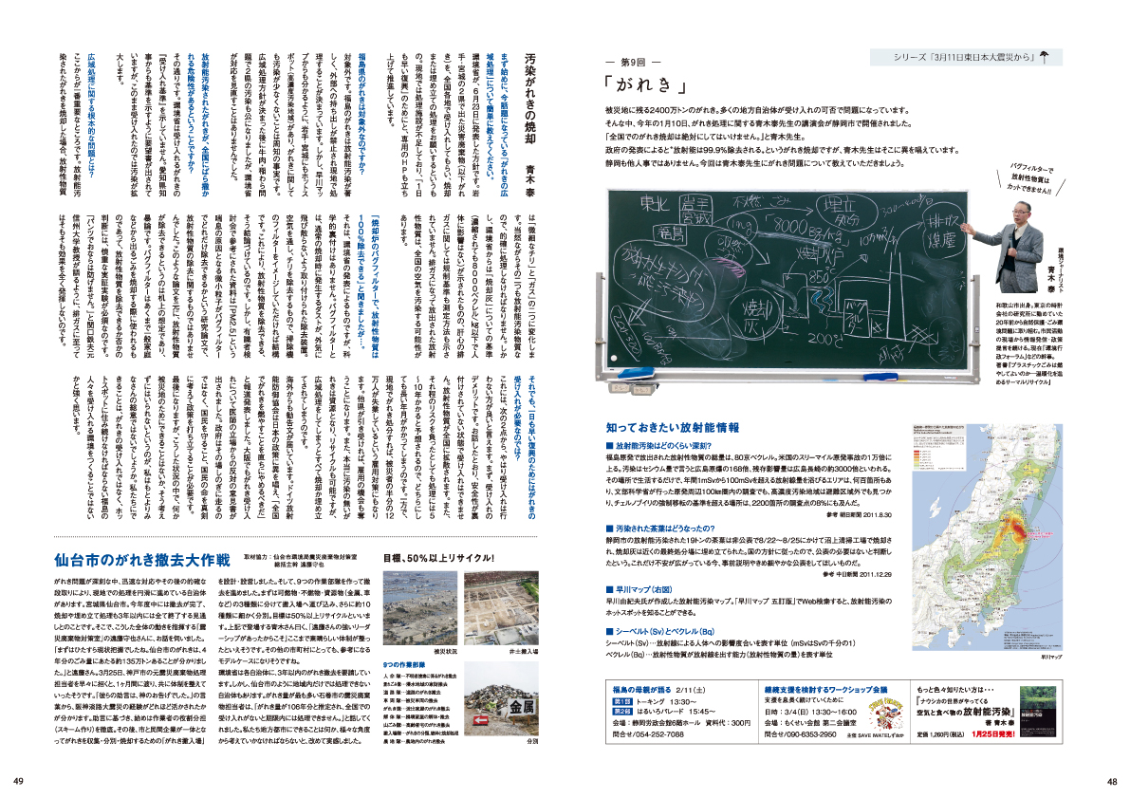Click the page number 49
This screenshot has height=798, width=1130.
coord(18,781)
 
